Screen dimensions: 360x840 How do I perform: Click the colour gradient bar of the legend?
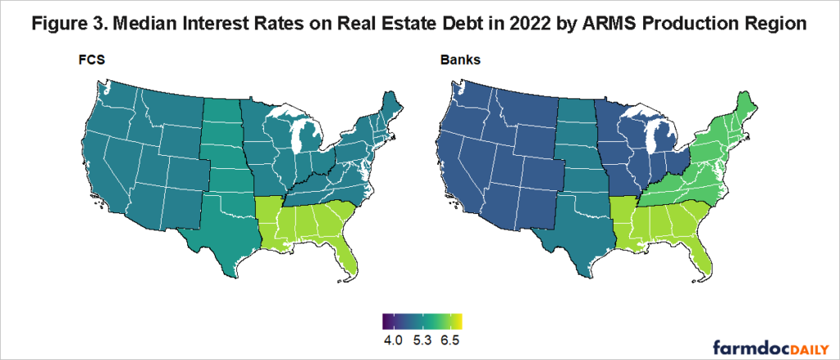pyautogui.click(x=422, y=321)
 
